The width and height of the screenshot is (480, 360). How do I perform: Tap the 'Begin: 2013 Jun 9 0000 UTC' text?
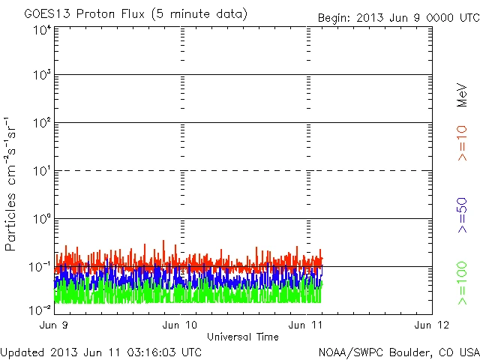point(397,17)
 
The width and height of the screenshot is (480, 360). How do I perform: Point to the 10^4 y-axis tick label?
point(41,31)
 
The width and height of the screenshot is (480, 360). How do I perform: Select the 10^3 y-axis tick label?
point(41,76)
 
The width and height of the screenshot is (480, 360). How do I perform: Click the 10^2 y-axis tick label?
point(41,124)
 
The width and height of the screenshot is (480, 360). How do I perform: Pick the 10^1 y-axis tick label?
point(41,172)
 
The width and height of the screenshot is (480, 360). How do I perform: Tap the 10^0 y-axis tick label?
point(41,220)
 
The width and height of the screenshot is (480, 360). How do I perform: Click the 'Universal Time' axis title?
point(242,337)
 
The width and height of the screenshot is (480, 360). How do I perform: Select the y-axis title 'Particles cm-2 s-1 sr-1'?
point(12,184)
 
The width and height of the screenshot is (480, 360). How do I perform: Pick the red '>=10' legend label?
point(462,142)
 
